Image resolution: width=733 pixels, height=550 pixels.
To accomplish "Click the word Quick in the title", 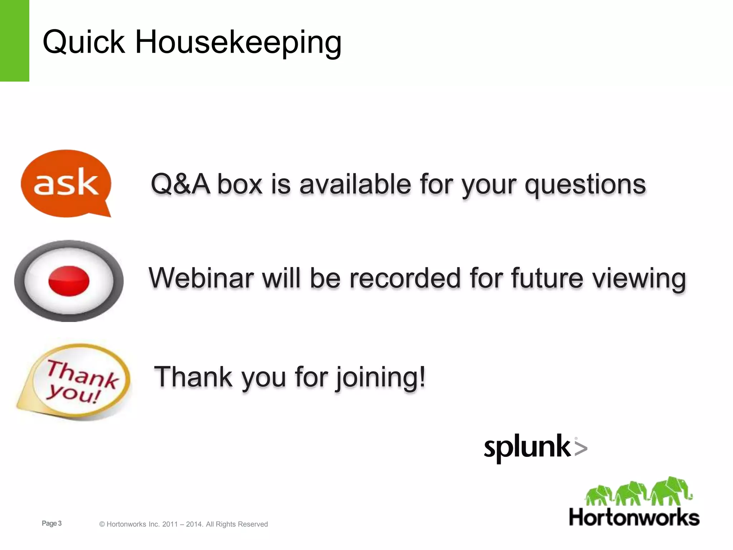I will pos(83,42).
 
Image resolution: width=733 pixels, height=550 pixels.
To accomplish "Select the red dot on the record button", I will pos(69,281).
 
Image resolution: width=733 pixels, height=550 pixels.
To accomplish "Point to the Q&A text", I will pos(180,184).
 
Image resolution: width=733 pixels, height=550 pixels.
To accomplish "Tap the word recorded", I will pos(404,278).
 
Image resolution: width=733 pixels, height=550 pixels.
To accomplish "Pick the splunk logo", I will pos(527,448).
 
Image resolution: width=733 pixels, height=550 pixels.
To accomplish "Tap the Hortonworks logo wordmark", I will pos(634,518).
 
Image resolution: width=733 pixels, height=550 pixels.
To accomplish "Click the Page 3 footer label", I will pos(52,524).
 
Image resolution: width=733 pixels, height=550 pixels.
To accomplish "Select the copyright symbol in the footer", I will pos(102,525).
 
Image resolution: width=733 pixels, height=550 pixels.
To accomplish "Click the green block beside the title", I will pos(14,40).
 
